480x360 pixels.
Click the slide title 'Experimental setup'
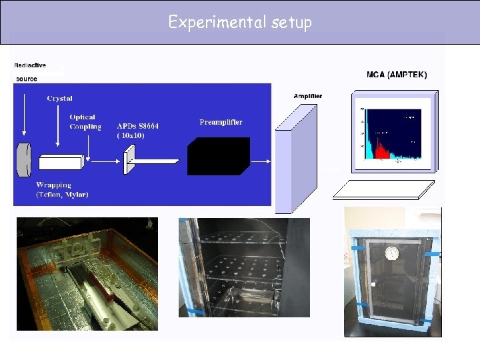(240, 22)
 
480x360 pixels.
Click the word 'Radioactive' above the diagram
(30, 65)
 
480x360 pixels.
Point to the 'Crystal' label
(60, 99)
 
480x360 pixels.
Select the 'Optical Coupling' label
(85, 122)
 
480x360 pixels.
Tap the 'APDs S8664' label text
(138, 126)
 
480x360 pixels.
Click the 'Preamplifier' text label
(221, 122)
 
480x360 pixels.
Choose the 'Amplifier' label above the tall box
(307, 96)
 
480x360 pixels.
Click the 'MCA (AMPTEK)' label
(397, 74)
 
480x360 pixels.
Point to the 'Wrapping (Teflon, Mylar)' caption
(63, 189)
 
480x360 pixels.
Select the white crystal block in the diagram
(60, 162)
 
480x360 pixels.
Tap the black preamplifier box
(218, 156)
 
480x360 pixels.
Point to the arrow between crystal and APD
(103, 161)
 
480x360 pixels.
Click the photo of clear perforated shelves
(243, 267)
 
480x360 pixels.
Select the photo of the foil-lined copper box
(87, 273)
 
